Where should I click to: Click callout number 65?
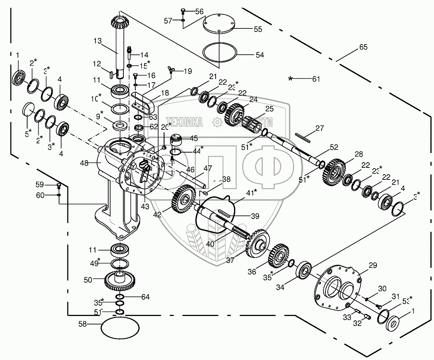pos(363,47)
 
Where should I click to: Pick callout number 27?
pos(319,128)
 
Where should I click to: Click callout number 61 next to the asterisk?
pos(316,79)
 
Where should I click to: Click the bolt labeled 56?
pos(183,11)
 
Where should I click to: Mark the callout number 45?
pos(193,138)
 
